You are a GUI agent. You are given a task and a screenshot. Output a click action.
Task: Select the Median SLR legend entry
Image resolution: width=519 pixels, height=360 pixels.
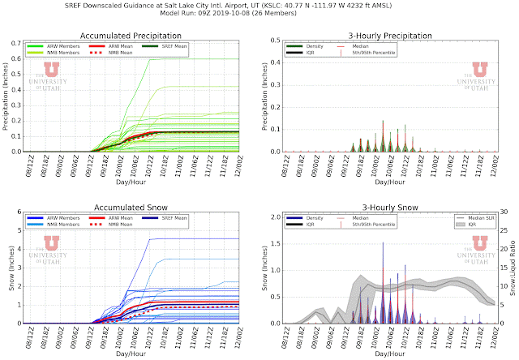[x=470, y=219]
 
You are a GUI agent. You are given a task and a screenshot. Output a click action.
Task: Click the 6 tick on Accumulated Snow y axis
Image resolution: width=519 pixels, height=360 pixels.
[x=18, y=215]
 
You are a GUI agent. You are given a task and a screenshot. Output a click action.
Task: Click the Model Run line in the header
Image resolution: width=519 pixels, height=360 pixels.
[x=259, y=15]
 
